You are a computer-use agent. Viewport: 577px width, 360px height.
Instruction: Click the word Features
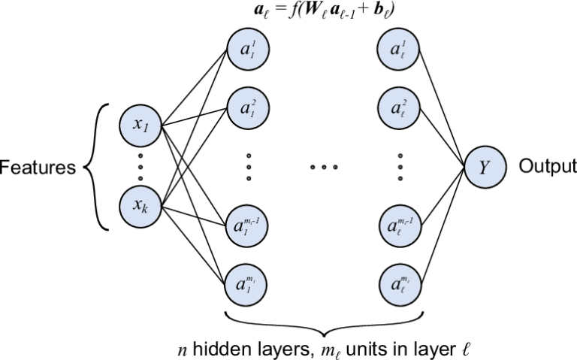[37, 167]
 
